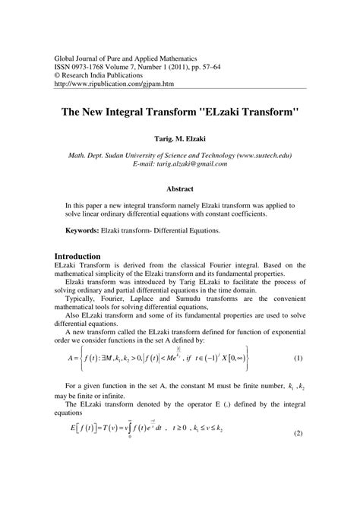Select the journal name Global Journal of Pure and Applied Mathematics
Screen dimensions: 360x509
[131, 58]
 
